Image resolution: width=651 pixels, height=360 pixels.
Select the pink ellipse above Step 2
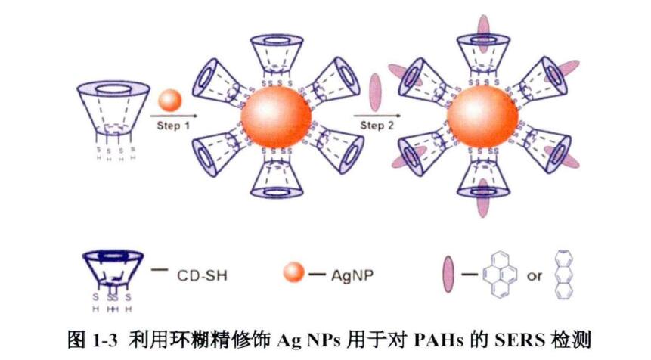click(374, 92)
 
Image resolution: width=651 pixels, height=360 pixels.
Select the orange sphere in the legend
click(296, 275)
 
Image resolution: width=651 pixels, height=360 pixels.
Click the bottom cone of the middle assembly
click(277, 182)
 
